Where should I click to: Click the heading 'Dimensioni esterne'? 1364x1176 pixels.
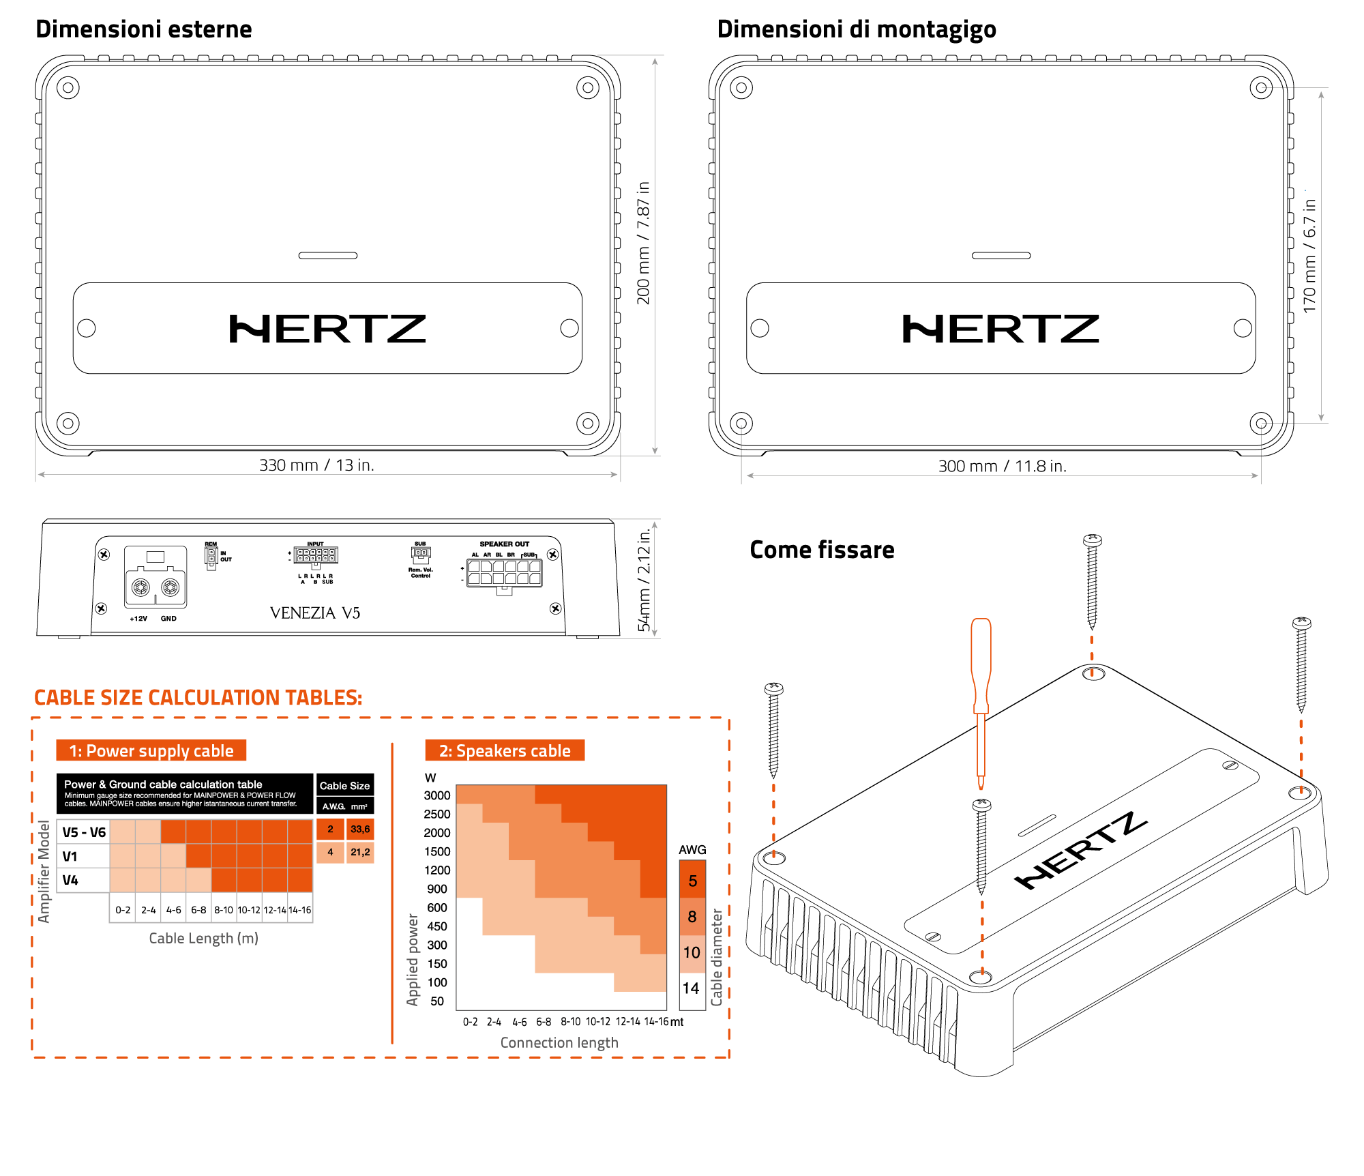(x=143, y=29)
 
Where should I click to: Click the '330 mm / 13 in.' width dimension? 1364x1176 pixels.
(x=316, y=465)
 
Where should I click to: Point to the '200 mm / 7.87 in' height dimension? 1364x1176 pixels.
(x=643, y=243)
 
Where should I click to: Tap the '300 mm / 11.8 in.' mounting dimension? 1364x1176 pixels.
(x=1002, y=467)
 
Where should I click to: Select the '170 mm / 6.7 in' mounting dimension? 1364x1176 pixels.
(x=1309, y=256)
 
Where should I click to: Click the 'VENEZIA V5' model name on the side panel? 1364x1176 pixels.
(x=314, y=613)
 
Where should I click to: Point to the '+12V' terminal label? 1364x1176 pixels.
(x=138, y=619)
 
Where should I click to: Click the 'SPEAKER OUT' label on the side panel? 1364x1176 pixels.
(x=504, y=544)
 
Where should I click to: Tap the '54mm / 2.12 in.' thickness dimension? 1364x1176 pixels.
(x=644, y=580)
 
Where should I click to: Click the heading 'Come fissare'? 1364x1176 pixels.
(x=822, y=550)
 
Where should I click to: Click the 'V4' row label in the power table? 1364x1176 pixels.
(x=70, y=880)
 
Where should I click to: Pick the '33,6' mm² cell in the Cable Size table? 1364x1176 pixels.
(x=360, y=829)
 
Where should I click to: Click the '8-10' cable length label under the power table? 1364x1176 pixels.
(x=224, y=910)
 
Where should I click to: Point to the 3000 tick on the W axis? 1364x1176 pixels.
(x=437, y=795)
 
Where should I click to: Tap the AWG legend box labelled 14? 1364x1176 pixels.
(x=692, y=988)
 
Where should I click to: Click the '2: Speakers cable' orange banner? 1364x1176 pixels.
(x=505, y=751)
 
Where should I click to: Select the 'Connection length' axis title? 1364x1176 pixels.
(x=559, y=1042)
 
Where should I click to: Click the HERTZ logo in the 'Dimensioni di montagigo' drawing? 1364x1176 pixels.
(x=1000, y=329)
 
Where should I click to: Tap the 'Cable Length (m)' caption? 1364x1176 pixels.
(x=203, y=938)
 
